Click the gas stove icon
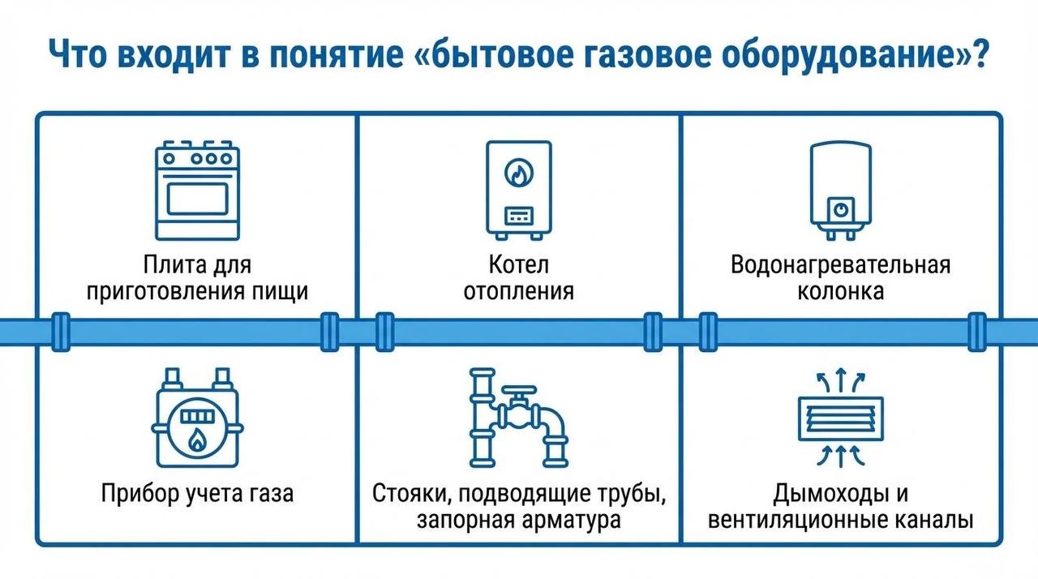[197, 191]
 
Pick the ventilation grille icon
[840, 419]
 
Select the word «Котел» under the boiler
[519, 265]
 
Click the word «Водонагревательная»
[840, 265]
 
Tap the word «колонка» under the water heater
[840, 291]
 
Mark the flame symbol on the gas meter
[196, 440]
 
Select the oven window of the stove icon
[197, 198]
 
